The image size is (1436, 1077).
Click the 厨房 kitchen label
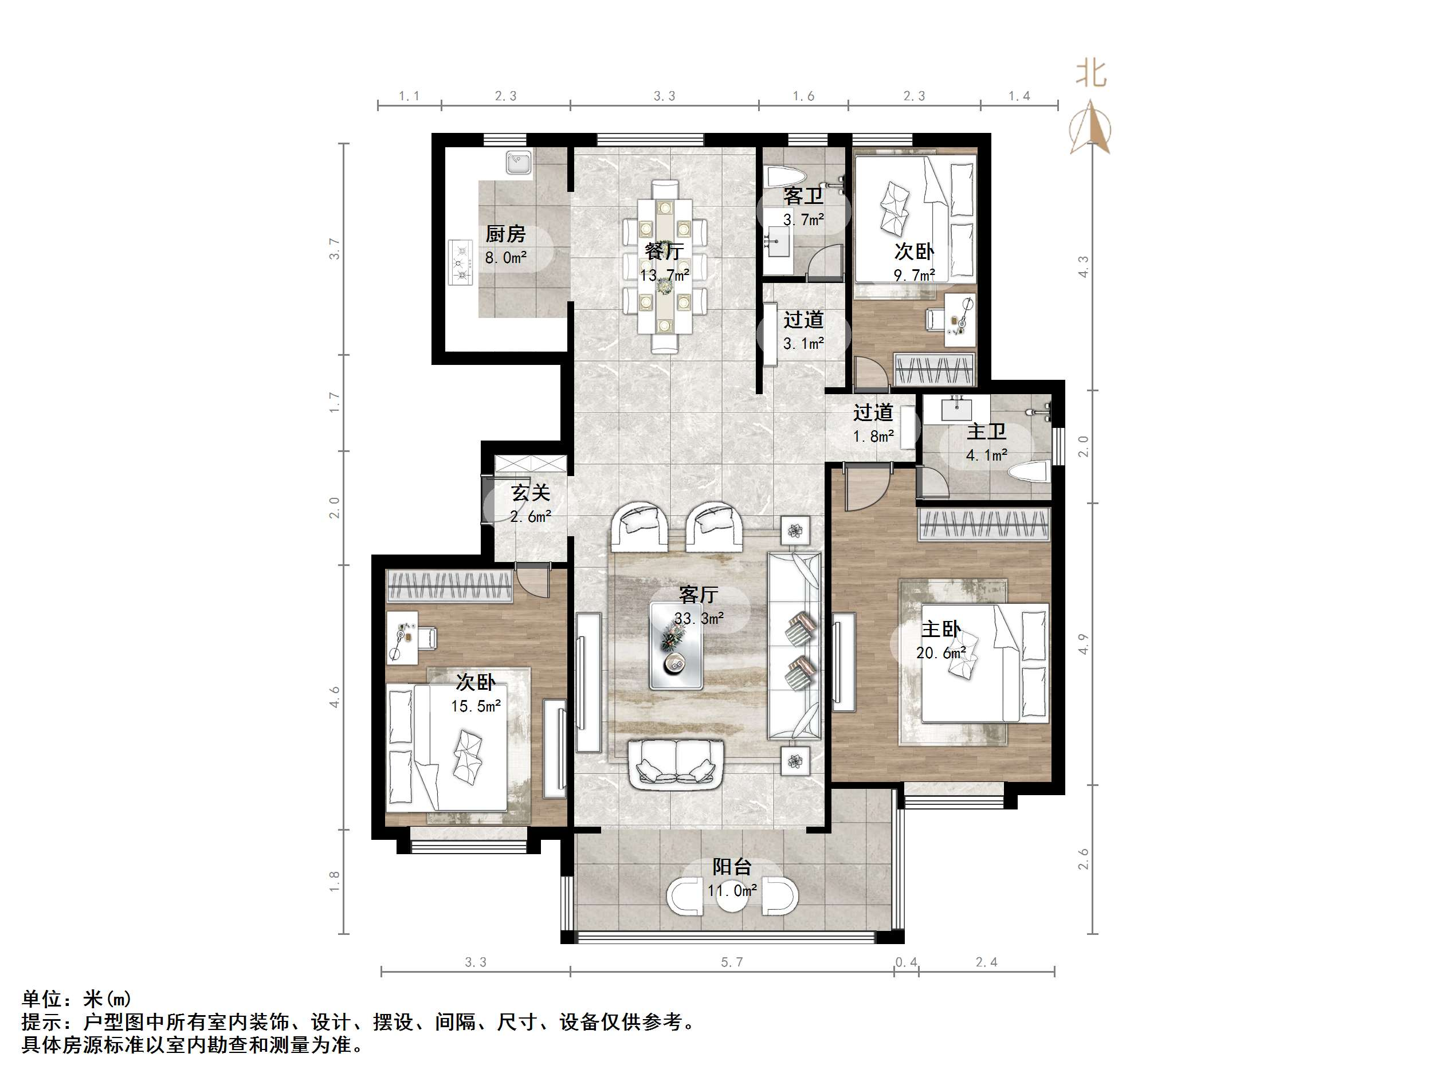(505, 234)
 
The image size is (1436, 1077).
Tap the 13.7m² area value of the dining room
(664, 275)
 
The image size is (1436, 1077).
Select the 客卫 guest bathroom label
(803, 196)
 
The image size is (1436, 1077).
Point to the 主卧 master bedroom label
(941, 629)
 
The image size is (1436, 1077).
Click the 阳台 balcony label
(732, 867)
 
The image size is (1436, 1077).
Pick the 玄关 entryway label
(531, 493)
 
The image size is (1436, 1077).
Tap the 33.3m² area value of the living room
(699, 618)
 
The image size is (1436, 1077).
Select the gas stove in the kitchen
(460, 262)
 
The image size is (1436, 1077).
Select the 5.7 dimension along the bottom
(732, 962)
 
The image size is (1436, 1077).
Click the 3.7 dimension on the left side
(334, 249)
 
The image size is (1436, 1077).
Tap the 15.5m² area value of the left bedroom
(476, 706)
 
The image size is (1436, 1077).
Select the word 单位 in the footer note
(42, 999)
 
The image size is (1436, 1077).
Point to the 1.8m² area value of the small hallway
(873, 437)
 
